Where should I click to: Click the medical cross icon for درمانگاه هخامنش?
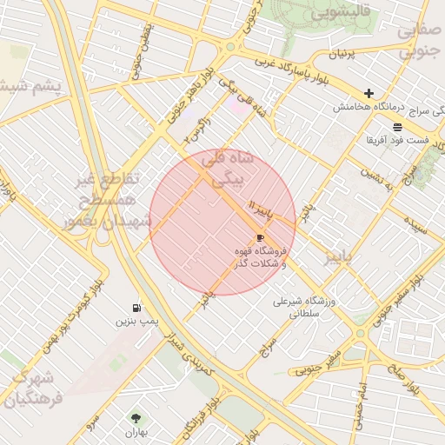click(x=369, y=93)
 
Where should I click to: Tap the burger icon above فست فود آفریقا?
click(x=397, y=126)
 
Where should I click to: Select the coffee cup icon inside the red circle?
click(x=260, y=237)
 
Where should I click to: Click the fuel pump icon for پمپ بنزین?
click(x=136, y=308)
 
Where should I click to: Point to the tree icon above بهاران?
click(x=134, y=418)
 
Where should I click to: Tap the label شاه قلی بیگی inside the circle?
click(x=225, y=169)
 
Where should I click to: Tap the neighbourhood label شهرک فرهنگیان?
click(x=33, y=389)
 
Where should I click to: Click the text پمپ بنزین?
click(x=137, y=322)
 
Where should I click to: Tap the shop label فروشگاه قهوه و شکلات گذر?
click(x=260, y=256)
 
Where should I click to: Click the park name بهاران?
click(x=134, y=432)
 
